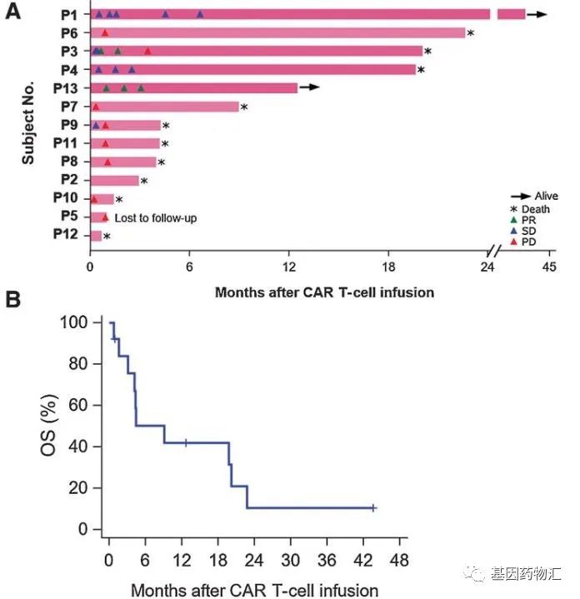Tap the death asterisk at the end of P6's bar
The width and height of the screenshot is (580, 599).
471,33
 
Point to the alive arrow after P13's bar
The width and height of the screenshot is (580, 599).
309,87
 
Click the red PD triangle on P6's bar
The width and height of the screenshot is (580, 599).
104,33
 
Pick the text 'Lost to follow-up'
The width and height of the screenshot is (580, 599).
162,218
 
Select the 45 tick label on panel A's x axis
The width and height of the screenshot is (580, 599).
548,267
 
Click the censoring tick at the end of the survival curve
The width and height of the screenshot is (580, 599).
374,508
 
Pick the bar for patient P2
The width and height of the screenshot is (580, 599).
114,181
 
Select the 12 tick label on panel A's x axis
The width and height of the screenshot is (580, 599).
289,267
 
